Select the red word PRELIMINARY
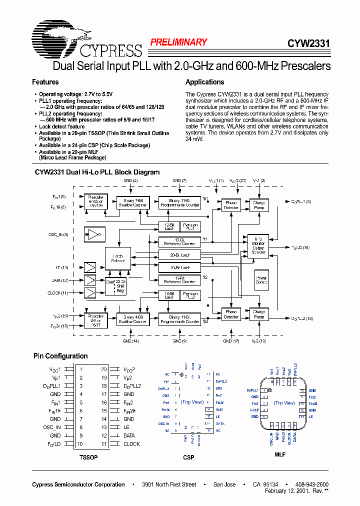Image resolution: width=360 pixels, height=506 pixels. (178, 42)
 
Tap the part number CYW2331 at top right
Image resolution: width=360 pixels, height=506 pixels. (308, 43)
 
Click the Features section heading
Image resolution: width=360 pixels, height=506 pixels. (45, 82)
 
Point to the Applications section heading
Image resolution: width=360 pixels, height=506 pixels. (204, 82)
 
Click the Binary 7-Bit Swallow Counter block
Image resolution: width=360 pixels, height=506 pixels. (132, 202)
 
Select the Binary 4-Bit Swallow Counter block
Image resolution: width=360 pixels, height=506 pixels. (132, 318)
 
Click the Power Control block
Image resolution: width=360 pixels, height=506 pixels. (261, 280)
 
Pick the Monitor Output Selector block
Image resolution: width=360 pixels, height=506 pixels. (258, 245)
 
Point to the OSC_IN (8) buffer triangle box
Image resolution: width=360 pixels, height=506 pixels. (94, 234)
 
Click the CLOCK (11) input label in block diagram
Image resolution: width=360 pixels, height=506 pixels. (58, 292)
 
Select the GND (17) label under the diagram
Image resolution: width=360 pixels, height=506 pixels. (230, 341)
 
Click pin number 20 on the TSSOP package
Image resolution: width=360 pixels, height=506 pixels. (104, 369)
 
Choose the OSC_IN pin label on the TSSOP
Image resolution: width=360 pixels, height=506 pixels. (51, 427)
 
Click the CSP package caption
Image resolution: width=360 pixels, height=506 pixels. (188, 457)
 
